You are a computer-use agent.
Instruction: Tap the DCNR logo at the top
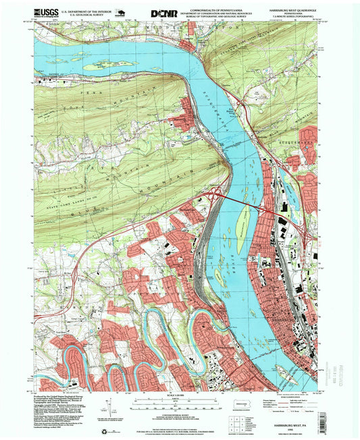coord(164,13)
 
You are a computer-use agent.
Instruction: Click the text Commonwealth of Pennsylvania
coord(219,7)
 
